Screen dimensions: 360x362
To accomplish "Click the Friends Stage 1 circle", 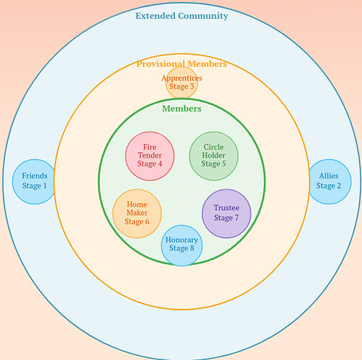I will (x=34, y=181).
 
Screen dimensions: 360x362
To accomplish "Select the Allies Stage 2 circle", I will (x=328, y=181).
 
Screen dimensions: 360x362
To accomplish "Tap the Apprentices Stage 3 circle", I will (x=181, y=83).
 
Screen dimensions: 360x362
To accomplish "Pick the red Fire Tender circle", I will (x=150, y=156).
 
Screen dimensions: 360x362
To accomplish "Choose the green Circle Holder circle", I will (x=214, y=156).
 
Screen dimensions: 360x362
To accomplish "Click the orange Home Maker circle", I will (x=137, y=213).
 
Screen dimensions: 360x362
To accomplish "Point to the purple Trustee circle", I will (x=226, y=213).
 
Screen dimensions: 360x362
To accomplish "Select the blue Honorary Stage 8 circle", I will (x=181, y=244).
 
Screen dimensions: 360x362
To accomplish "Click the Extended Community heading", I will (x=181, y=16).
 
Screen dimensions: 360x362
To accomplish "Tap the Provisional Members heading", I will (x=181, y=64).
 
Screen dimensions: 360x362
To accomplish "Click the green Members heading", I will (x=181, y=109).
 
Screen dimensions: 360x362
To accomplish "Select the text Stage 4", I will (x=150, y=164).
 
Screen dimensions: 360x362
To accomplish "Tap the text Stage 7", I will (x=226, y=218).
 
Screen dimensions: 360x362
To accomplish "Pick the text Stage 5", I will (x=214, y=164).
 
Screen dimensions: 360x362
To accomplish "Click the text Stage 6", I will (x=137, y=222).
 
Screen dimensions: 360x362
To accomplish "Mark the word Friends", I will (x=35, y=176).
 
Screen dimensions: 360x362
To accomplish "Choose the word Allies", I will (x=328, y=176).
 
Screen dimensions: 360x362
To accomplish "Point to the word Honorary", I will (x=181, y=240).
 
